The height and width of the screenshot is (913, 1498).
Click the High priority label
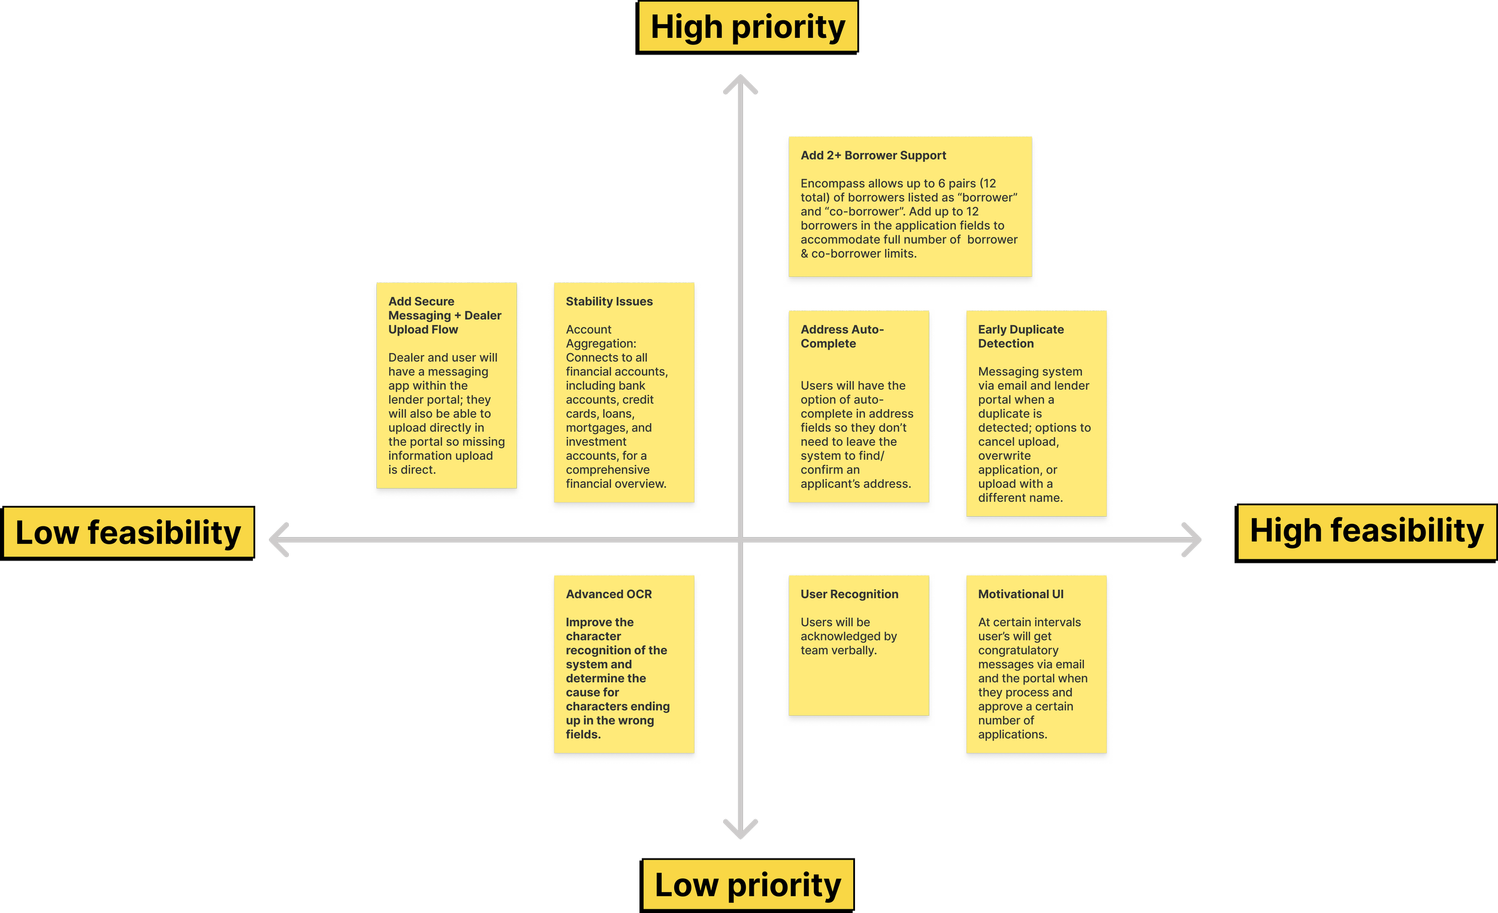(x=747, y=27)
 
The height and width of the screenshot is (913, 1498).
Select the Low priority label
(x=747, y=884)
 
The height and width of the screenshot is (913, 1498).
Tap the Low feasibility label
(x=128, y=532)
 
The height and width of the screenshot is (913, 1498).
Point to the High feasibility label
(x=1366, y=531)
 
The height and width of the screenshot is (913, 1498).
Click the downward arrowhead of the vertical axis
(x=740, y=831)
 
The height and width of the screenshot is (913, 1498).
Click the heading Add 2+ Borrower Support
(x=873, y=155)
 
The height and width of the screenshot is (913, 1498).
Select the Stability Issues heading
(x=609, y=301)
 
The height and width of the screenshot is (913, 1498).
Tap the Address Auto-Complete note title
(x=841, y=336)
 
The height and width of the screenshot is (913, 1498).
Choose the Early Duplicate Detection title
(x=1020, y=336)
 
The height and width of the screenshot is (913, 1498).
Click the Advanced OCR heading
(x=608, y=593)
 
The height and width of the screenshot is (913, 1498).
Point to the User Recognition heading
(x=848, y=593)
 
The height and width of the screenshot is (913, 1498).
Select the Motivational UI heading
(x=1020, y=593)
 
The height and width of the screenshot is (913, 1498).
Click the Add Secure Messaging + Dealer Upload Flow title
(x=445, y=315)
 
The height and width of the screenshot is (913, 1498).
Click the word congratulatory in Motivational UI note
(x=1017, y=650)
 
